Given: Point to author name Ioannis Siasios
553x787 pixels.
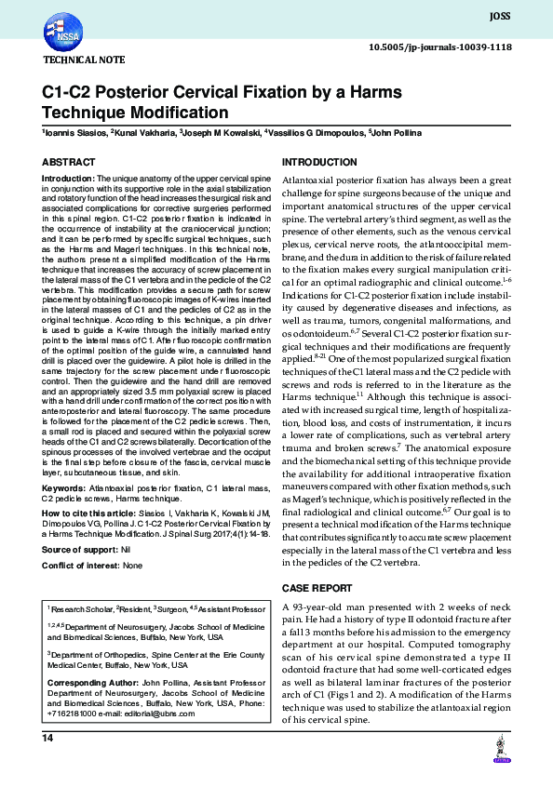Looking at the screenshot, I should click(75, 134).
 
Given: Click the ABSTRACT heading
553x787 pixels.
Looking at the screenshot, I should click(68, 162).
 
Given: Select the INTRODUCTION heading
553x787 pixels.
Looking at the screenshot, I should click(318, 162).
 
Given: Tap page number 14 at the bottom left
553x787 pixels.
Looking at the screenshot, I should click(47, 738).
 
